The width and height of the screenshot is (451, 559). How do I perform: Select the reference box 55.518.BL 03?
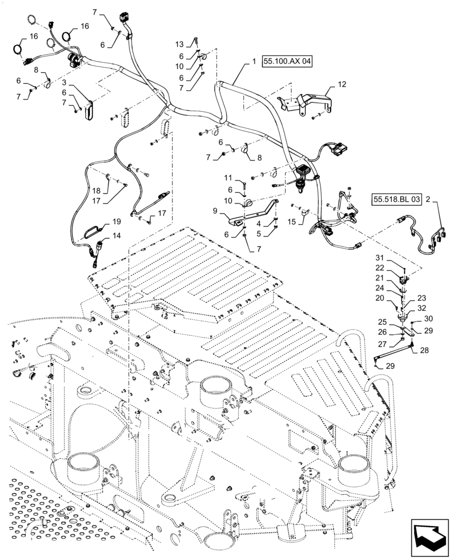pyautogui.click(x=395, y=199)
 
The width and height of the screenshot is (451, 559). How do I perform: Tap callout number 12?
pyautogui.click(x=342, y=84)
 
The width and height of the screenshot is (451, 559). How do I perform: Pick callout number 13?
pyautogui.click(x=180, y=44)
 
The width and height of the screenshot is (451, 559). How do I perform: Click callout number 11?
pyautogui.click(x=228, y=178)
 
